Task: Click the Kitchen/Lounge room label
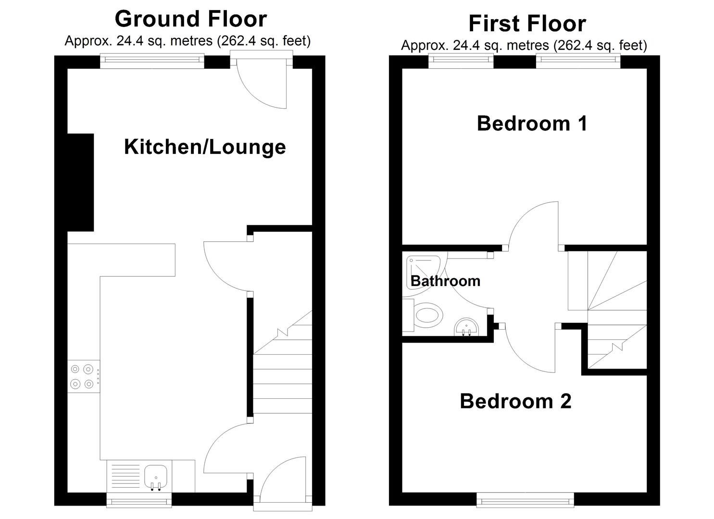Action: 205,147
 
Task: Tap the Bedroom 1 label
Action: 532,124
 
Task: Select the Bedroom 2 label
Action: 515,401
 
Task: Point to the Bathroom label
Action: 445,281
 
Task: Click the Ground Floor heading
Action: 190,19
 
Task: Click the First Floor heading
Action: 527,24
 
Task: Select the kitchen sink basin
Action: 156,477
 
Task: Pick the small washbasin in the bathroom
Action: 466,327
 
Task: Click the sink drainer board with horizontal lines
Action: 125,477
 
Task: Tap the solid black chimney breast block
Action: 81,182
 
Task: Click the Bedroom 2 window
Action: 525,500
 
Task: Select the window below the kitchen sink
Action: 139,500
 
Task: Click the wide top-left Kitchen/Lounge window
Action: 152,61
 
